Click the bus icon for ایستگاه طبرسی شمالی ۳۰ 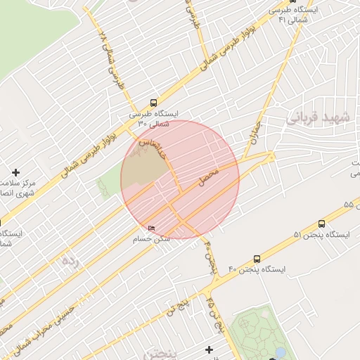tap(154, 101)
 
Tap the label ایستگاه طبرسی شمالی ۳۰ tap(154, 118)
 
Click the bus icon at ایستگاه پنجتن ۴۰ tap(257, 259)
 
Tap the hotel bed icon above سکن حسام tap(153, 229)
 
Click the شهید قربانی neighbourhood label tap(317, 117)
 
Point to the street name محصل tap(210, 177)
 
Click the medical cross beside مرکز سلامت tap(15, 172)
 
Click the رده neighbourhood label tap(68, 263)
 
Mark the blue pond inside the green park tap(280, 353)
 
